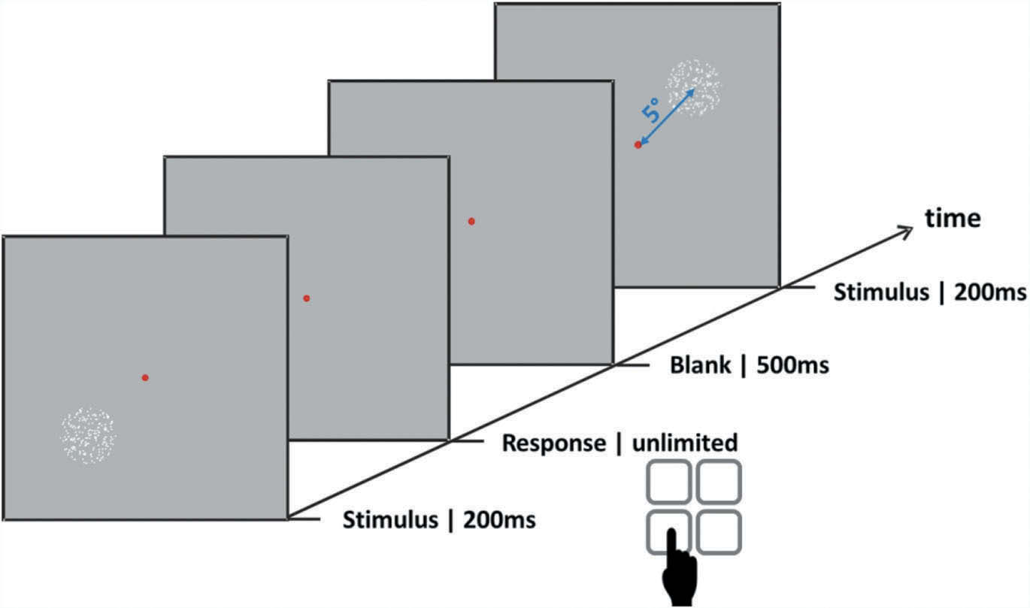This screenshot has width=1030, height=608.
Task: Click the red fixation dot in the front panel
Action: coord(145,377)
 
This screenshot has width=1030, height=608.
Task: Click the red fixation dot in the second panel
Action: coord(306,298)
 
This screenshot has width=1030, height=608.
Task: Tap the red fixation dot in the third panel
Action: coord(471,221)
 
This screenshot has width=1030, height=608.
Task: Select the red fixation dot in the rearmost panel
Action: coord(638,144)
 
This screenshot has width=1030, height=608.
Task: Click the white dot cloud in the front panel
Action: coord(89,434)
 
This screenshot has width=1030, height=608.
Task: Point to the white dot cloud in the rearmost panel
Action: coord(694,87)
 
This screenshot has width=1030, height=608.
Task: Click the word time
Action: coord(953,218)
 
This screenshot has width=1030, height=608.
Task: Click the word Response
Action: coord(553,443)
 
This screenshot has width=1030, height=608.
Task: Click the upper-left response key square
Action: coord(669,481)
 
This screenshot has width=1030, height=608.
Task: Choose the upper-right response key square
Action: coord(719,481)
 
